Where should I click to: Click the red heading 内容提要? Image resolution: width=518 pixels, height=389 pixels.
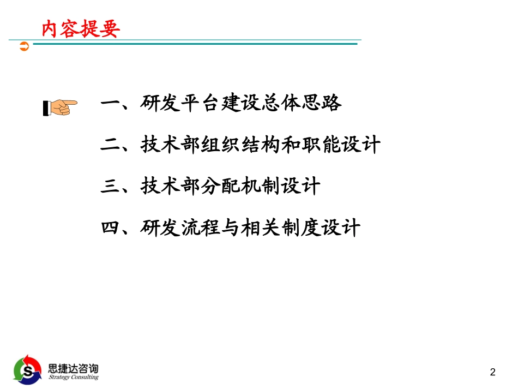click(80, 28)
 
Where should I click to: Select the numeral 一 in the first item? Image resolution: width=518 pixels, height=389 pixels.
click(110, 103)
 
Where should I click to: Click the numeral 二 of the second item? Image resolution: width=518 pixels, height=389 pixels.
click(110, 145)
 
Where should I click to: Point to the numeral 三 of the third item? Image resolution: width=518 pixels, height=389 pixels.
click(110, 187)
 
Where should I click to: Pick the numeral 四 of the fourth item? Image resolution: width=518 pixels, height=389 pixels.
click(110, 227)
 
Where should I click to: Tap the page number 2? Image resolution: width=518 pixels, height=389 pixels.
click(493, 373)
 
